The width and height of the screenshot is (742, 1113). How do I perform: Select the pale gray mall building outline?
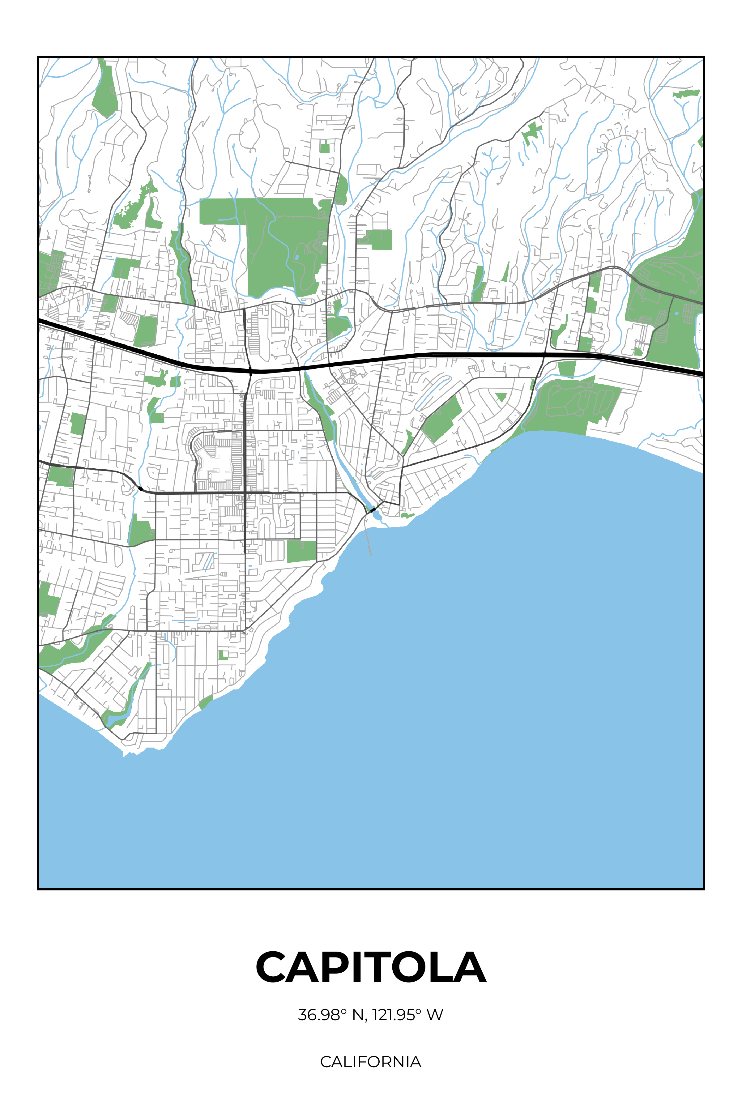coord(213,461)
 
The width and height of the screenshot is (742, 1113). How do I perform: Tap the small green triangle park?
coord(501,396)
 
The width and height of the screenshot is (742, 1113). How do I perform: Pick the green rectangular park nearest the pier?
coord(301,551)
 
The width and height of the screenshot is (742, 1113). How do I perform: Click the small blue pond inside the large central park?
coord(297,257)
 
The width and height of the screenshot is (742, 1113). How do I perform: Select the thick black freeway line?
coord(426,355)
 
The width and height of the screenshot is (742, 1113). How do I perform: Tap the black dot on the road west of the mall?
coord(140,488)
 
